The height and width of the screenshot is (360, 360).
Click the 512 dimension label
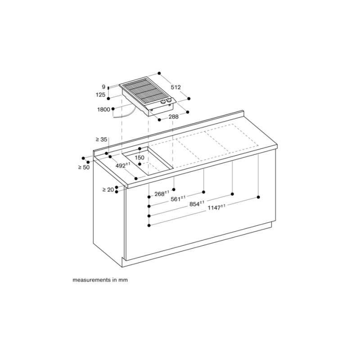point(175,87)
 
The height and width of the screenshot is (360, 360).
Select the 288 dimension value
point(174,117)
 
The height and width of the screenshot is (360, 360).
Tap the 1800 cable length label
point(104,109)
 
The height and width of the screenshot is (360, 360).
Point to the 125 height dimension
point(100,94)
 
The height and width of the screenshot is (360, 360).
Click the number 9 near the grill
point(103,87)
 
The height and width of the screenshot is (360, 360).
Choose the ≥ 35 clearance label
point(102,139)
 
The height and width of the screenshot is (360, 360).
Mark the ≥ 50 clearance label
point(84,167)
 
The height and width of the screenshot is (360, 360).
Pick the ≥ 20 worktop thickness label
point(108,189)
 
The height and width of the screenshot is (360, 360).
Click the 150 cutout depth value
point(139,158)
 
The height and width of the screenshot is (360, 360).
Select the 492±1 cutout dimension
point(123,165)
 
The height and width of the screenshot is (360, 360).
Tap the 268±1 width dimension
point(162,193)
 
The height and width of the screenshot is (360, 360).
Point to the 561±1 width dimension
point(178,198)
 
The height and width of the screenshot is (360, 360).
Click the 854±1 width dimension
point(197,203)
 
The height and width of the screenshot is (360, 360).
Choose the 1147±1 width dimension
point(216,207)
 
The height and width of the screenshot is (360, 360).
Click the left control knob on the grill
point(163,102)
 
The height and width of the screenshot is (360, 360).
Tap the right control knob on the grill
point(169,100)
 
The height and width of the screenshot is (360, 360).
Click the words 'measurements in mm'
point(100,280)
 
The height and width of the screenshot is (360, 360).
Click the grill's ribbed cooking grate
point(142,91)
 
